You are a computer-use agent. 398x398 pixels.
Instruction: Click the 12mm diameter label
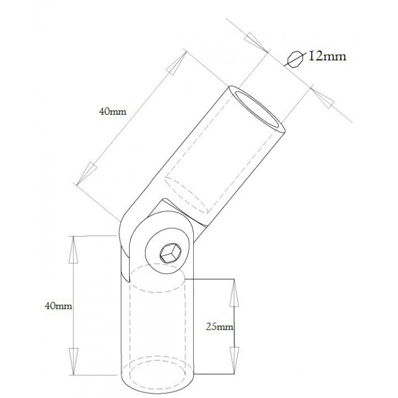click(327, 56)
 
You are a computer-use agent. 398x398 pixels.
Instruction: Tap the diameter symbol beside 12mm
click(295, 59)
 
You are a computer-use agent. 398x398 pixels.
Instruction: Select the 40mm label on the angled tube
click(113, 111)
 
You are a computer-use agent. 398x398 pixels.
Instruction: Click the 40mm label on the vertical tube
click(58, 306)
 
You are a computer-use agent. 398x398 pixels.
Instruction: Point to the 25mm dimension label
click(219, 327)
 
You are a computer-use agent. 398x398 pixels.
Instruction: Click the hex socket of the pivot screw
click(170, 254)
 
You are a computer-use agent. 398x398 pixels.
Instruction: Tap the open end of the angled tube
click(256, 109)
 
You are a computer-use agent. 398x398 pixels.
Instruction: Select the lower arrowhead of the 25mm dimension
click(234, 360)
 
